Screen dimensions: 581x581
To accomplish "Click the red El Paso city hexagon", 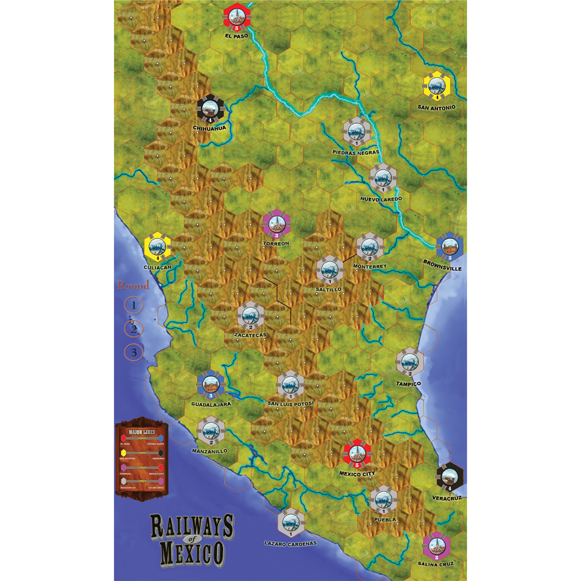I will (x=236, y=18).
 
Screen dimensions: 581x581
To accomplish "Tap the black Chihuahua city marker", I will (x=210, y=109).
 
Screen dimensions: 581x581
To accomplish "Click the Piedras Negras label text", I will (x=356, y=152).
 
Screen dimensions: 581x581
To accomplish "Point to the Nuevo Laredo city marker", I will (x=383, y=178).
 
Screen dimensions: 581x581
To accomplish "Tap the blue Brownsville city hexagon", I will (x=449, y=248).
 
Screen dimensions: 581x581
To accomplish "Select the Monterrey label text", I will (x=369, y=266).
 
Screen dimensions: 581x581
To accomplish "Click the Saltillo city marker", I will (x=329, y=270).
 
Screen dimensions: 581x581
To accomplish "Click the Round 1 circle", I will (x=134, y=304).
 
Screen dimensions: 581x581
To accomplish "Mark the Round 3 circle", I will (x=134, y=352).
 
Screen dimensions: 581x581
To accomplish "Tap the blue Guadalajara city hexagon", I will (x=211, y=384).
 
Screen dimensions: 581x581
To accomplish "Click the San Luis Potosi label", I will (x=290, y=403).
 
